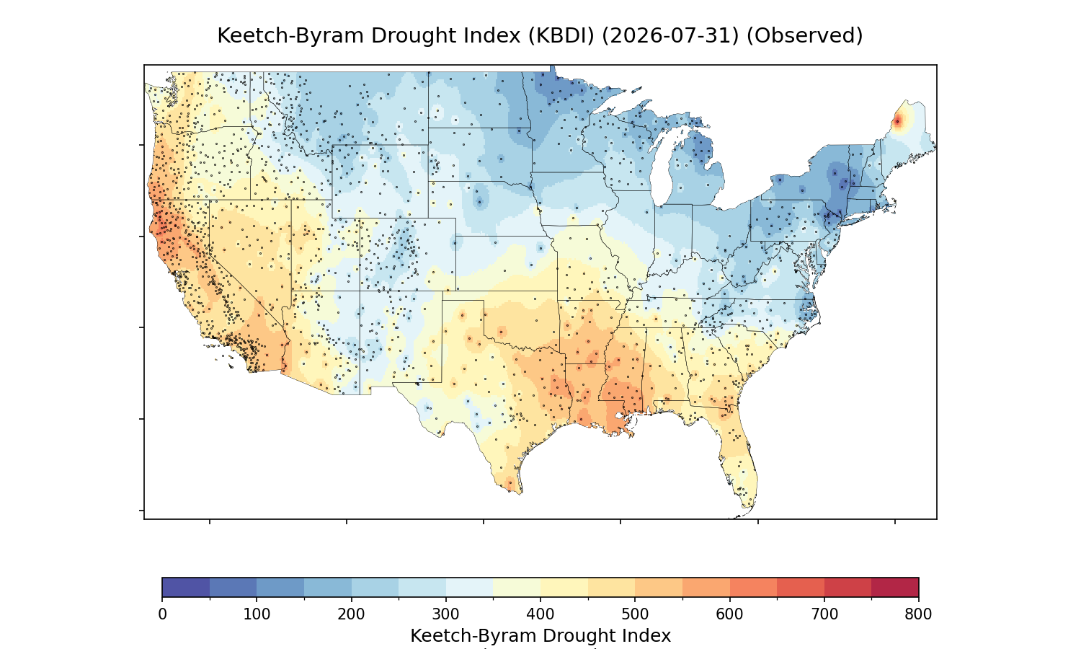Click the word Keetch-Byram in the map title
289,36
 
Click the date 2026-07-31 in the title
669,36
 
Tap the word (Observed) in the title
804,36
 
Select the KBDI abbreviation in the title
561,36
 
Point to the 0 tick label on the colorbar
162,614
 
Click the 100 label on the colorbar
257,614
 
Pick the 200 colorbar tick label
351,614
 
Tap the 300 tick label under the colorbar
445,614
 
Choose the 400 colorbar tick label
540,614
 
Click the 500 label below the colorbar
635,614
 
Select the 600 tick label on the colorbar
729,614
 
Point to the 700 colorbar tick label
824,614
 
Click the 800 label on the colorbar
918,614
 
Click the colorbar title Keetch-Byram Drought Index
540,636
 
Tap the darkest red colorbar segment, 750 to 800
895,587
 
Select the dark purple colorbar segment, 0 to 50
186,587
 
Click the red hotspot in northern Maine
898,121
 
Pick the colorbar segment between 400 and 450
564,587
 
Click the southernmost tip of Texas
520,493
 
